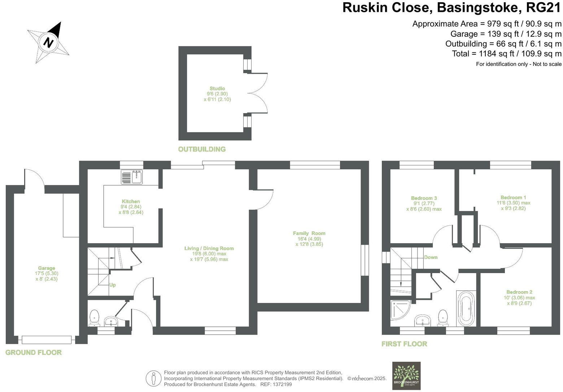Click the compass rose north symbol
(48, 42)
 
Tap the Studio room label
(217, 88)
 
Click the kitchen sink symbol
(132, 177)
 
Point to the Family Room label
(309, 233)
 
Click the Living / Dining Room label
(209, 248)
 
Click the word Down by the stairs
(431, 257)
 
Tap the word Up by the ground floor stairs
(113, 285)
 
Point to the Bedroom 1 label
(513, 197)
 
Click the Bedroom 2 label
(519, 292)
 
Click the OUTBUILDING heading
(202, 149)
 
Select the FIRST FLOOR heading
(404, 344)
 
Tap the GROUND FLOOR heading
(34, 352)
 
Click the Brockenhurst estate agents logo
(406, 375)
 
